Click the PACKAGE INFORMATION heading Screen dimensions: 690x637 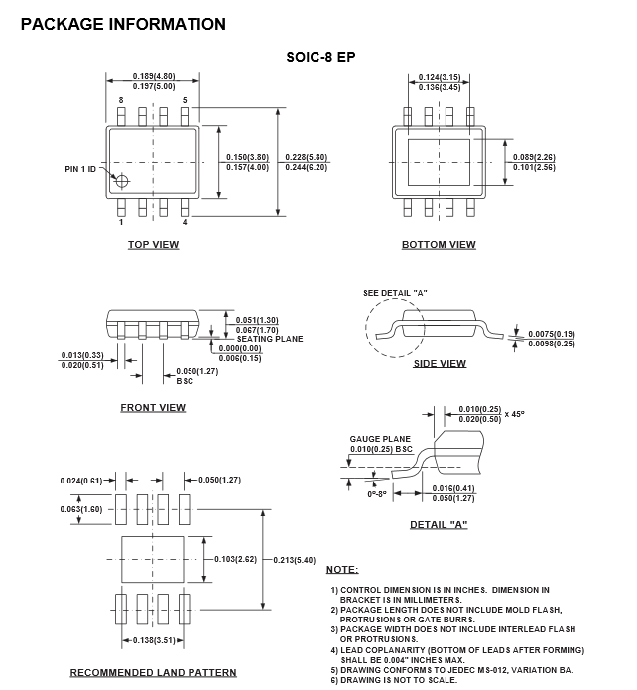tap(123, 24)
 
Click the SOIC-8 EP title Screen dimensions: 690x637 tap(318, 57)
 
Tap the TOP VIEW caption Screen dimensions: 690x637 tap(153, 245)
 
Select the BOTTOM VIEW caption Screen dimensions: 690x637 tap(439, 245)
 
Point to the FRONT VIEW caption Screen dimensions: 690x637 tap(153, 408)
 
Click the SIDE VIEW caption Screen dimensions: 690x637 tap(439, 364)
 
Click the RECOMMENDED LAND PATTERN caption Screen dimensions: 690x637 tap(153, 673)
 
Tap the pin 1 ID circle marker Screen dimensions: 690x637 tap(122, 181)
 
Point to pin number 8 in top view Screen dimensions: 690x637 tap(121, 101)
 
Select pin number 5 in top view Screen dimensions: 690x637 tap(184, 101)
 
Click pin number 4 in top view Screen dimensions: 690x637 tap(184, 222)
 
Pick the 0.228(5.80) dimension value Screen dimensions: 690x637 tap(307, 157)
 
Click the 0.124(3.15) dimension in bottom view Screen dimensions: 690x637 tap(438, 77)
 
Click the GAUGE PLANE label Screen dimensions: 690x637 tap(380, 438)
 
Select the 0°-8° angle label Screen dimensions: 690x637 tap(377, 492)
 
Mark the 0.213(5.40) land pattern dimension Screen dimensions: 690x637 tap(295, 560)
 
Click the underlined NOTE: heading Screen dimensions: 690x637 tap(342, 569)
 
